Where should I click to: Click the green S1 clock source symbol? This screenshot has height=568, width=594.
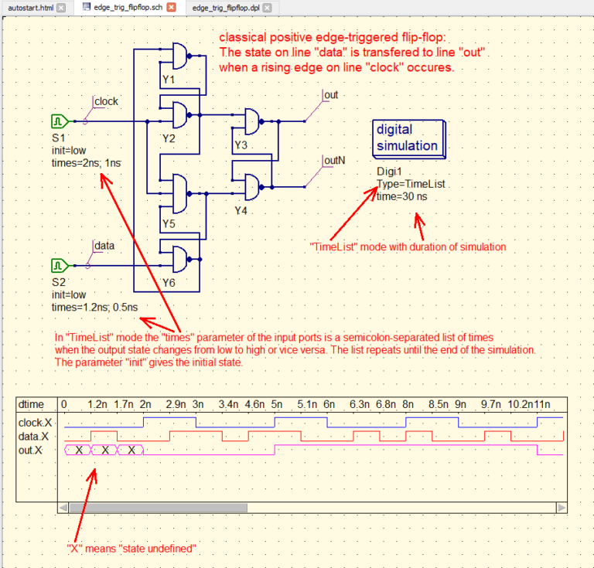(59, 121)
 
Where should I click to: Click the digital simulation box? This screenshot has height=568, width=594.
(406, 138)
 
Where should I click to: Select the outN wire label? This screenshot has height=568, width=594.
(334, 161)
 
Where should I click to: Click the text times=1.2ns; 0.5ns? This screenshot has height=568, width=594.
(95, 307)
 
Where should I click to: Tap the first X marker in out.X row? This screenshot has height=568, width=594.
(79, 450)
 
